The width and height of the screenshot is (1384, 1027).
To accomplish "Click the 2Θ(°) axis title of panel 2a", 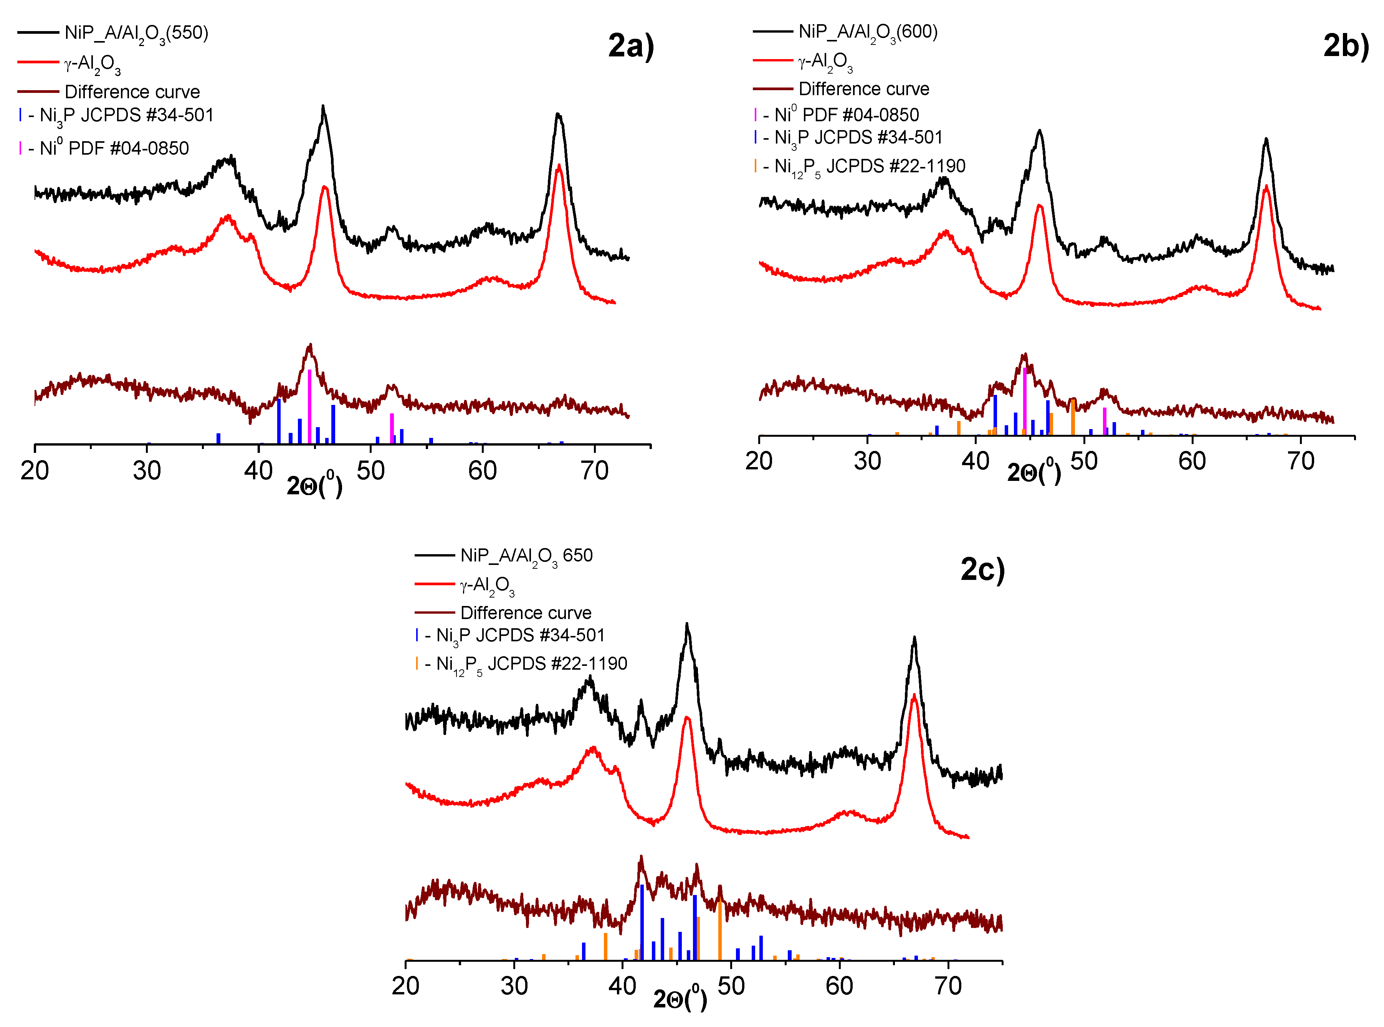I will [x=314, y=485].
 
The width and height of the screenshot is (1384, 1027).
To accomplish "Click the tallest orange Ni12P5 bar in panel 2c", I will [x=720, y=930].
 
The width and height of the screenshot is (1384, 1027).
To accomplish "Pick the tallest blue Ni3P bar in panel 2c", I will [x=642, y=923].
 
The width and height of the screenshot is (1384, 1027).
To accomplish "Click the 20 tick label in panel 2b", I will [x=759, y=461].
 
